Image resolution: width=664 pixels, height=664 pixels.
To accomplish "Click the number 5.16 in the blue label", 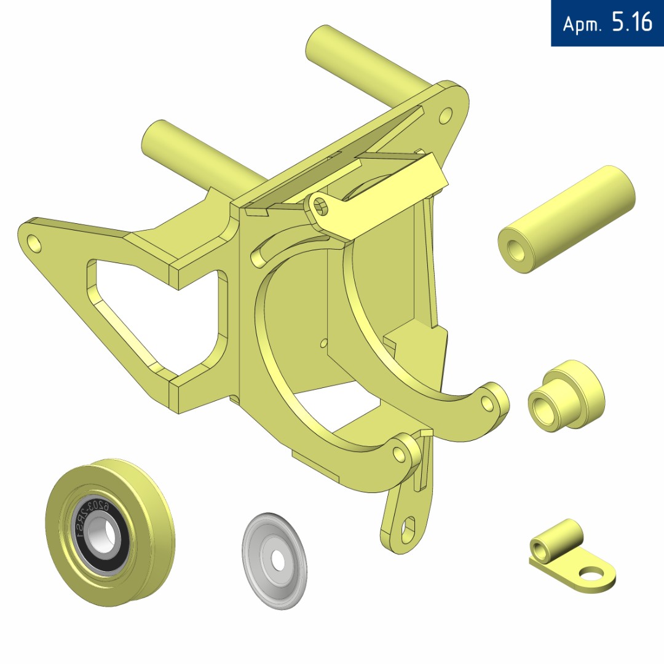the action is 632,22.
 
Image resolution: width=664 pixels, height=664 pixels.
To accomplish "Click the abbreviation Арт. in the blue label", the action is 582,24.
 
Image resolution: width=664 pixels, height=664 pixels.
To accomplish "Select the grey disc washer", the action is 274,561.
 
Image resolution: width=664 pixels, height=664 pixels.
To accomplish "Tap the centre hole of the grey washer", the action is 278,561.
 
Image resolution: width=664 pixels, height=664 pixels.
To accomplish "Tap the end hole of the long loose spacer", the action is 515,250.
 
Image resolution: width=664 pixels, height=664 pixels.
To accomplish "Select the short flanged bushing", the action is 567,396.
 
